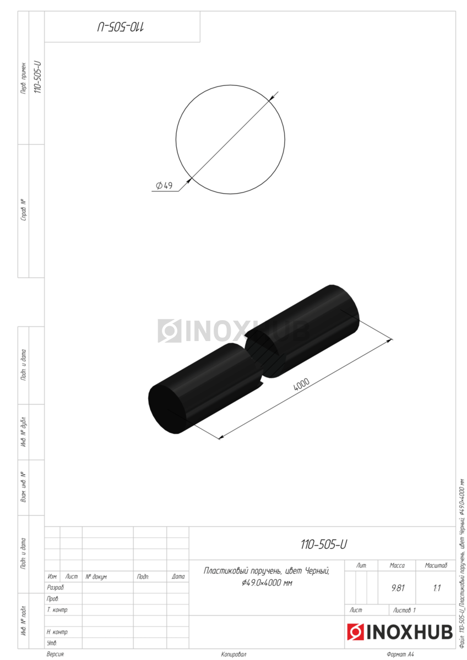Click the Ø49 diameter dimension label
(164, 186)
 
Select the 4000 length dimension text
(301, 384)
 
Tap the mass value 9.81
(398, 588)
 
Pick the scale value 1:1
(437, 588)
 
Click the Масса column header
(397, 565)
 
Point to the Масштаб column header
(436, 565)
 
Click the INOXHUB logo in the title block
(399, 632)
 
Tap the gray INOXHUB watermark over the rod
(233, 331)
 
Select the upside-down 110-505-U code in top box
(121, 27)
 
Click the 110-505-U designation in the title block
(324, 544)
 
